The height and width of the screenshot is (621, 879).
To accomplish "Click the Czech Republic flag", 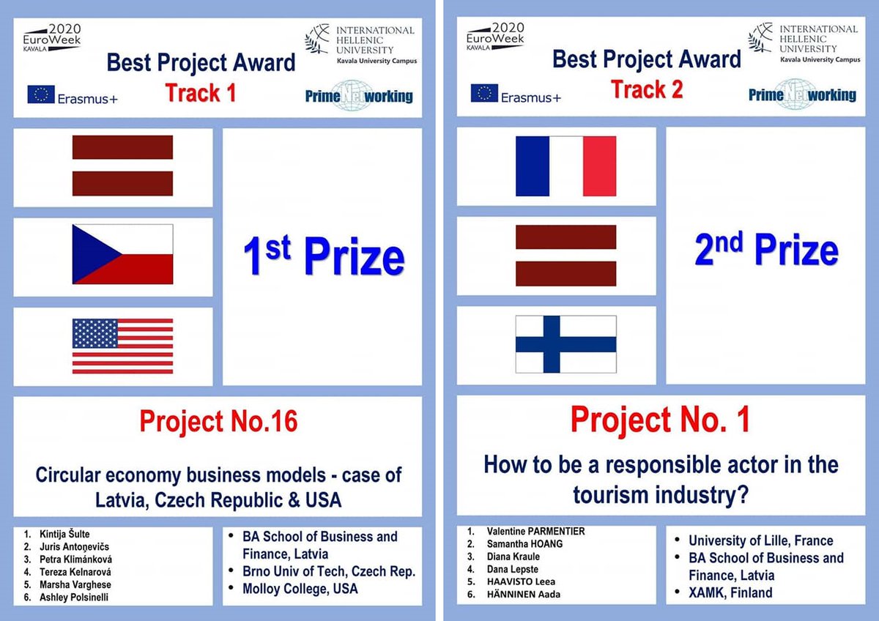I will pos(122,254).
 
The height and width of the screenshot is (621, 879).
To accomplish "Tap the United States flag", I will pos(122,346).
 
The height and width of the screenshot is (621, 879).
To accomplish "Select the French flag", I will pos(565,166).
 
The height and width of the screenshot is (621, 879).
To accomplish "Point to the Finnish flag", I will pos(565,343).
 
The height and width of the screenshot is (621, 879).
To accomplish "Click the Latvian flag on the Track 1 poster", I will pos(122,166).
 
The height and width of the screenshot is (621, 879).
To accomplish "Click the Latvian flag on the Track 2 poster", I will pos(565,256).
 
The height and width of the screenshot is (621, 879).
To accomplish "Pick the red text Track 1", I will pos(200,93).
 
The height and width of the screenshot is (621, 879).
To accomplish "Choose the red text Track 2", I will pos(647,89).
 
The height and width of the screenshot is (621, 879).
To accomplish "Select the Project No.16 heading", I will pos(218,422).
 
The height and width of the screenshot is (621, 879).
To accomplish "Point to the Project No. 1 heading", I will pos(660,420).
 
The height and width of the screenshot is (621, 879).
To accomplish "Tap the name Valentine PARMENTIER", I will pos(535,531).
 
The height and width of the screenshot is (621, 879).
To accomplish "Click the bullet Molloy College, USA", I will pos(300,588).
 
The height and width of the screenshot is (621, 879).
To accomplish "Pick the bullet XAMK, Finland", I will pos(730,592).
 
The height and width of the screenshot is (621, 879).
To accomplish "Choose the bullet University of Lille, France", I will pos(760,540).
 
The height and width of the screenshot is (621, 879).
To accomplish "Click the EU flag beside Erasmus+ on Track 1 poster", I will pos(41,94).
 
